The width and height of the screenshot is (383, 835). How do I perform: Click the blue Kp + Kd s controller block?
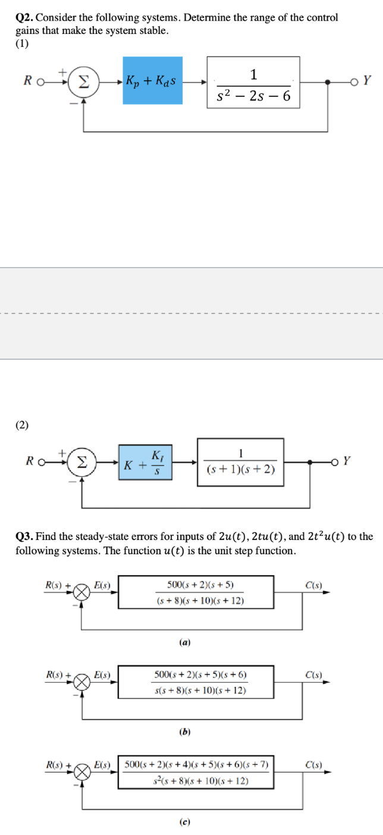[x=152, y=80]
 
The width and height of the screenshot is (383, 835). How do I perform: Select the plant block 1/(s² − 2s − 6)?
[x=253, y=82]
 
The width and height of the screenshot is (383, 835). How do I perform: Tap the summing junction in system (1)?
[x=84, y=81]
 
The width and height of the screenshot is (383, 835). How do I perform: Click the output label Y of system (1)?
[x=367, y=81]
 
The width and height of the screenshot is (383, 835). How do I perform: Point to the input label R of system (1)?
[x=27, y=81]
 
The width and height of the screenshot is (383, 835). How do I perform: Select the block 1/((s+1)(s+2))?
[x=240, y=460]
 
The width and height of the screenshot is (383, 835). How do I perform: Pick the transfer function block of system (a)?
[x=196, y=592]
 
